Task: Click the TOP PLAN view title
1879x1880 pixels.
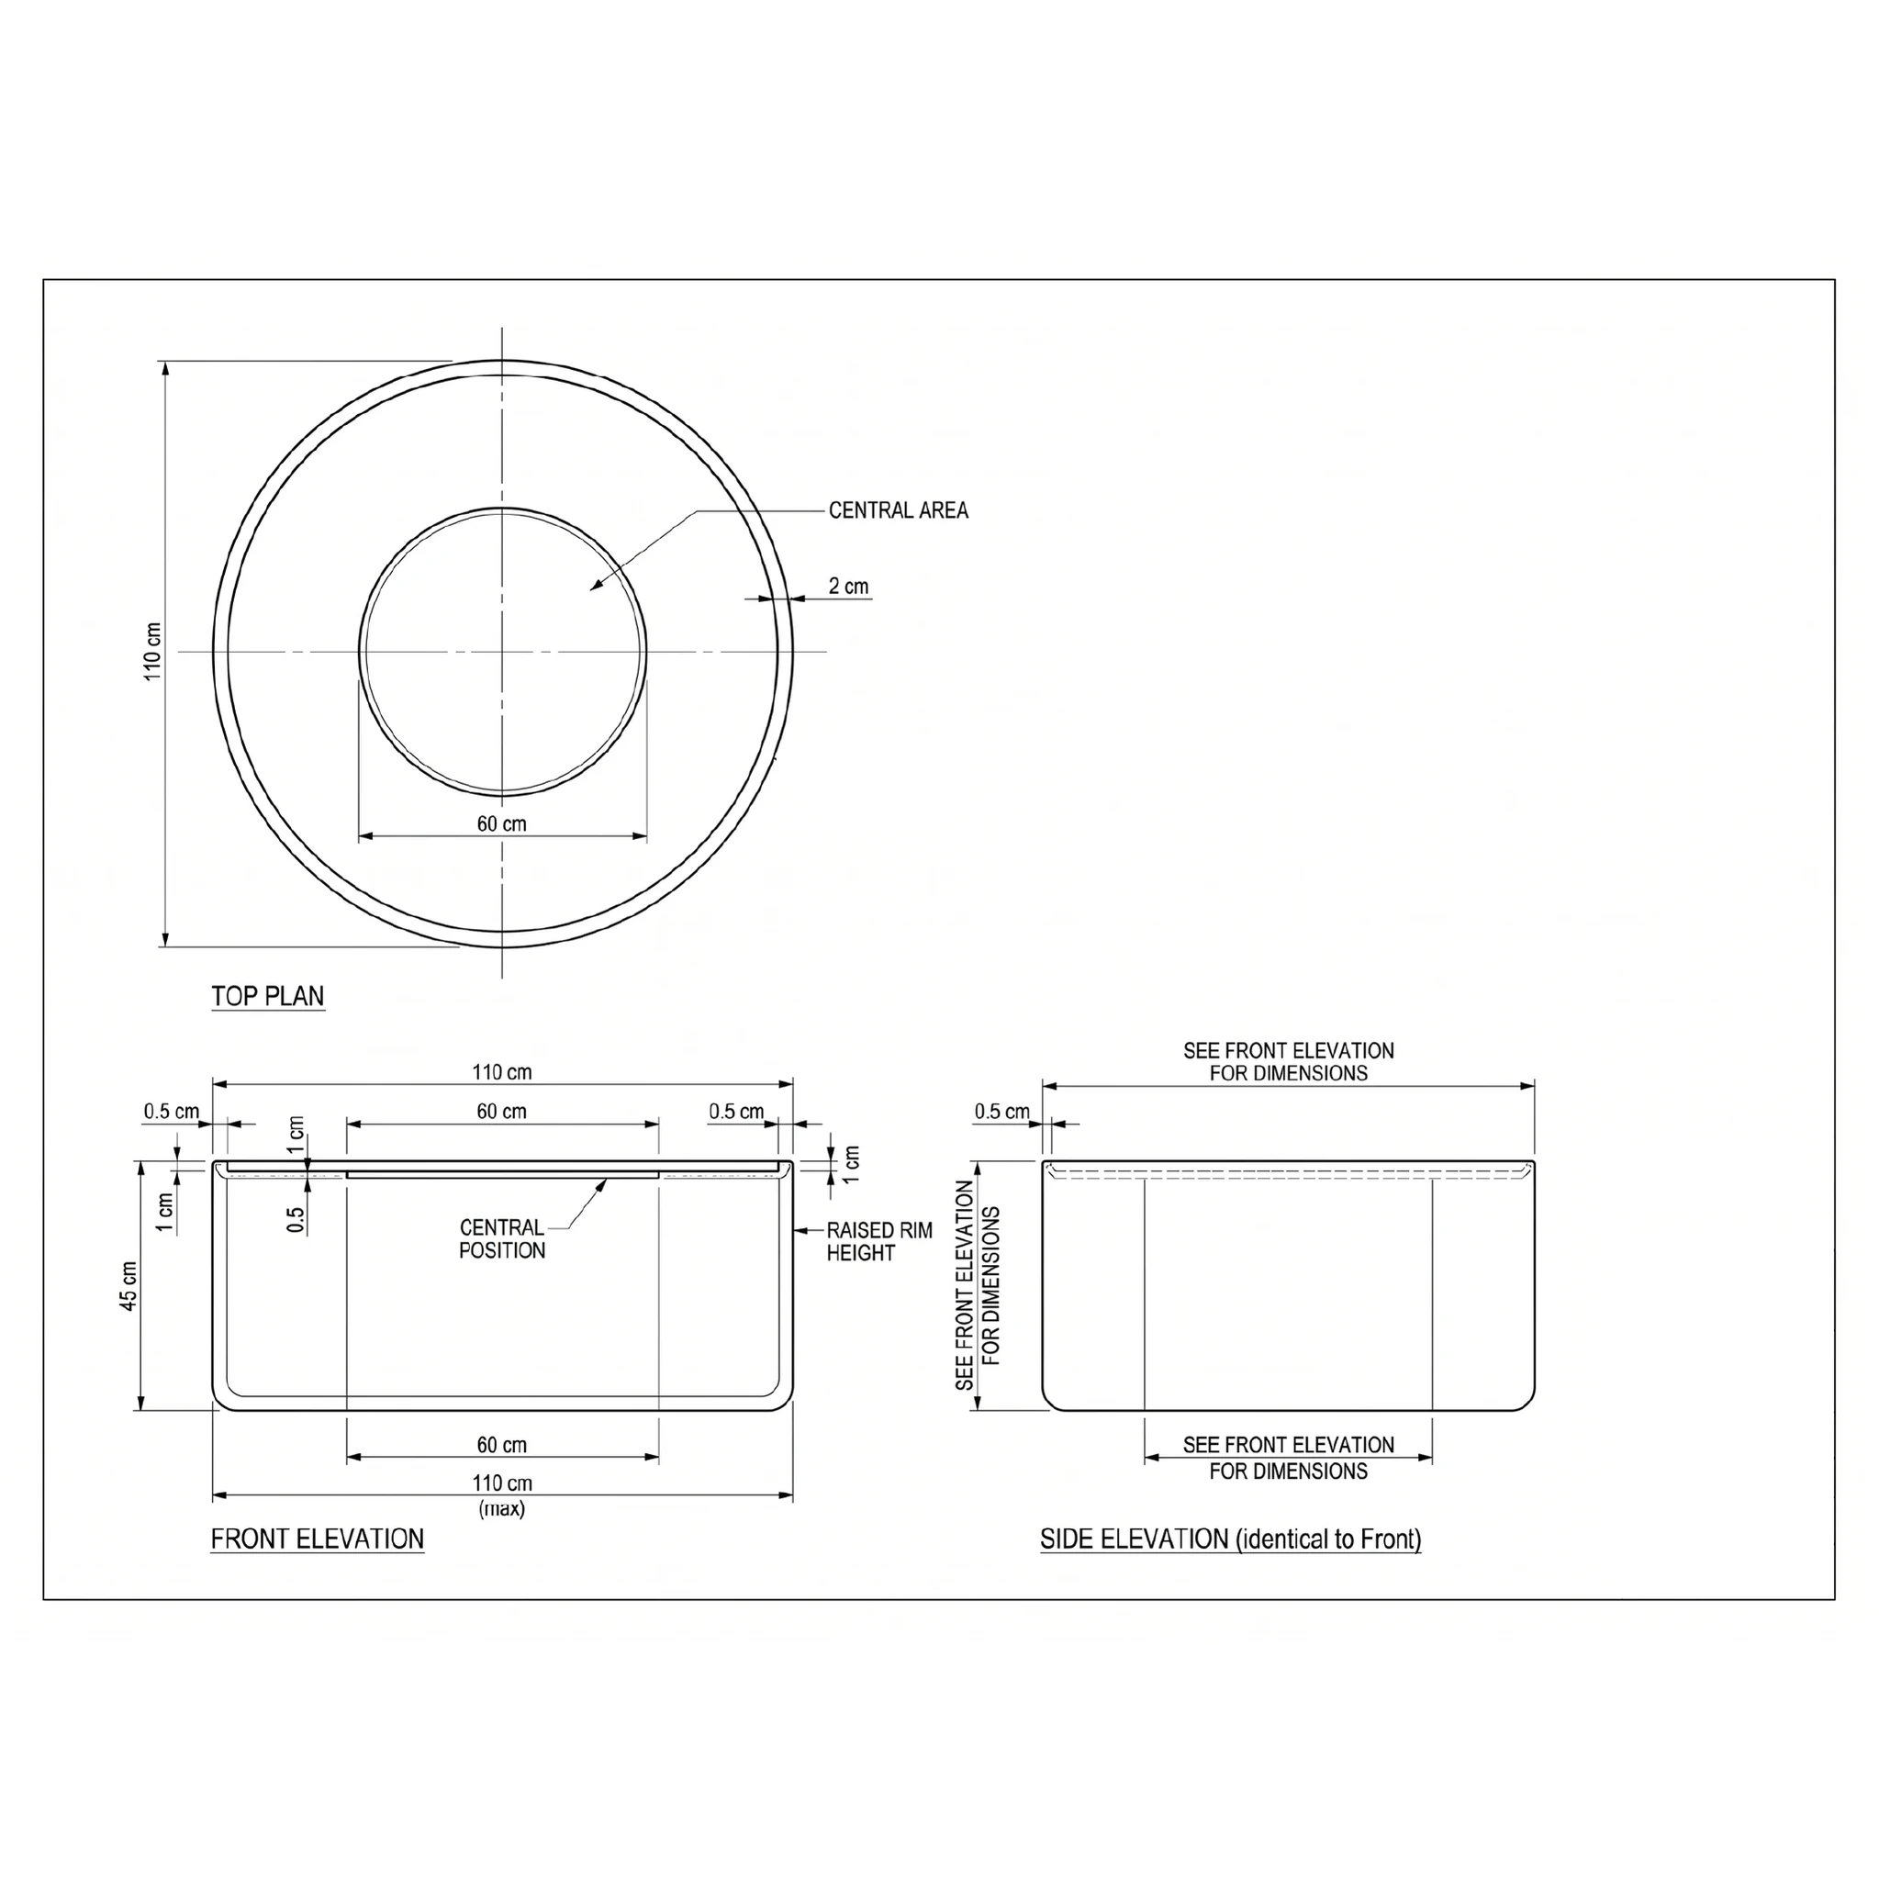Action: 268,996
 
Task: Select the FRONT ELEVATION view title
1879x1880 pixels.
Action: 318,1539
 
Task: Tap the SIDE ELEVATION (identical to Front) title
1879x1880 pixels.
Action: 1231,1539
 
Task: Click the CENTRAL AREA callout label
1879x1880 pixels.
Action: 898,509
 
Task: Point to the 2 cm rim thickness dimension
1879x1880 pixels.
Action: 848,586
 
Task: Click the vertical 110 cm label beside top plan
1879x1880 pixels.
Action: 152,651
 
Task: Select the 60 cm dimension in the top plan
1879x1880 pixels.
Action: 502,823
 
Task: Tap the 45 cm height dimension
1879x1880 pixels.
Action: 129,1285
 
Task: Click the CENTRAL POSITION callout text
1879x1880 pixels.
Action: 502,1238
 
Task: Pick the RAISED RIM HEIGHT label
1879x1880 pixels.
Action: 879,1242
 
